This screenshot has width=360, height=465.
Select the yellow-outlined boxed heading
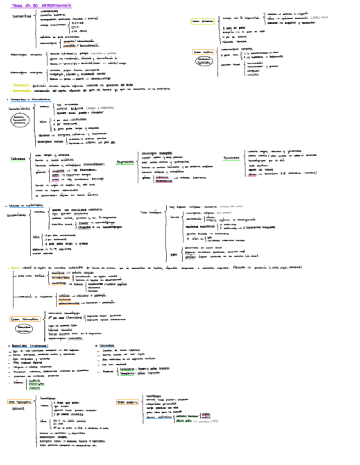(203, 21)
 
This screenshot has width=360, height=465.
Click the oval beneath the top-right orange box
(204, 61)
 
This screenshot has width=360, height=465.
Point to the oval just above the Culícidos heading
(19, 121)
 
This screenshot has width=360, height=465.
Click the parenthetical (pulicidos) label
(20, 408)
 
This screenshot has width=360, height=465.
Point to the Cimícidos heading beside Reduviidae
(108, 346)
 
